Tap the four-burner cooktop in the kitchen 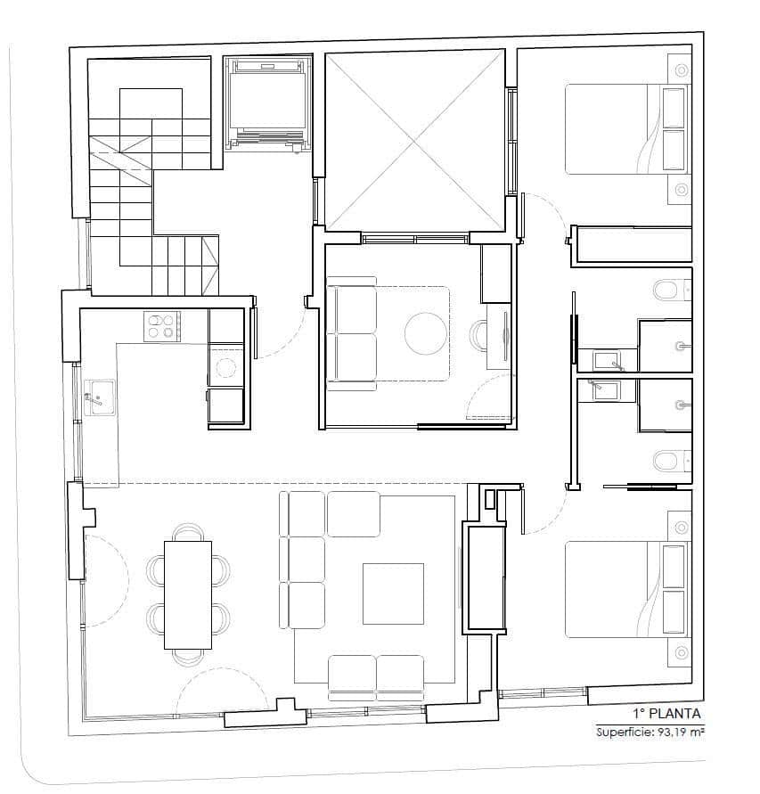(162, 325)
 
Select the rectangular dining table (187, 594)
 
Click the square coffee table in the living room (393, 593)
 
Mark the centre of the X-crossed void (414, 140)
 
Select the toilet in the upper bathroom (668, 290)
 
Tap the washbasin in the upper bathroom (609, 361)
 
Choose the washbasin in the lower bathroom (609, 389)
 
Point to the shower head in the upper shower (682, 346)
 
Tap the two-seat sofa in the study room (351, 333)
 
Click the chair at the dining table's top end (187, 531)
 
